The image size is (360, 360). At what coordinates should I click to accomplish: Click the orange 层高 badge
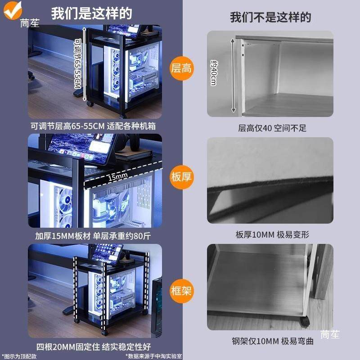tap(181, 68)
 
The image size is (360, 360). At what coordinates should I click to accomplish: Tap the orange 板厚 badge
tap(181, 176)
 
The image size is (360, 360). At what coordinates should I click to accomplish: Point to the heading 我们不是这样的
tap(270, 18)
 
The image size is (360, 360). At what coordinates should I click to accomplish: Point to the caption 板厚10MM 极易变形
tap(272, 234)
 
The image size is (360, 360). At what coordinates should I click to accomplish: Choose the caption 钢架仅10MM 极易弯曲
tap(272, 342)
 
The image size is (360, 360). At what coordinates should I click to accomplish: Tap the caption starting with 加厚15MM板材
tap(93, 235)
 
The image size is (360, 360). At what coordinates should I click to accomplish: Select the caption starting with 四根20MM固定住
tap(93, 347)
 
